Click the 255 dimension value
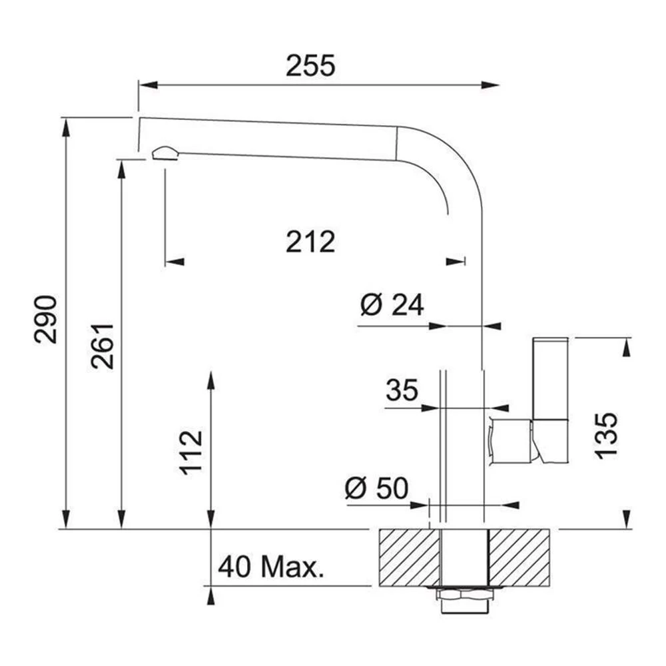pyautogui.click(x=310, y=66)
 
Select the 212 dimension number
pyautogui.click(x=310, y=242)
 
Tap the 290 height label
pyautogui.click(x=45, y=320)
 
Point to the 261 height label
pyautogui.click(x=103, y=346)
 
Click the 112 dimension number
pyautogui.click(x=190, y=453)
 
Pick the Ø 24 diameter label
pyautogui.click(x=392, y=304)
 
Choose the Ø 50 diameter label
pyautogui.click(x=377, y=488)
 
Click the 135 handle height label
pyautogui.click(x=606, y=436)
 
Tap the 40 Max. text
pyautogui.click(x=271, y=566)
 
